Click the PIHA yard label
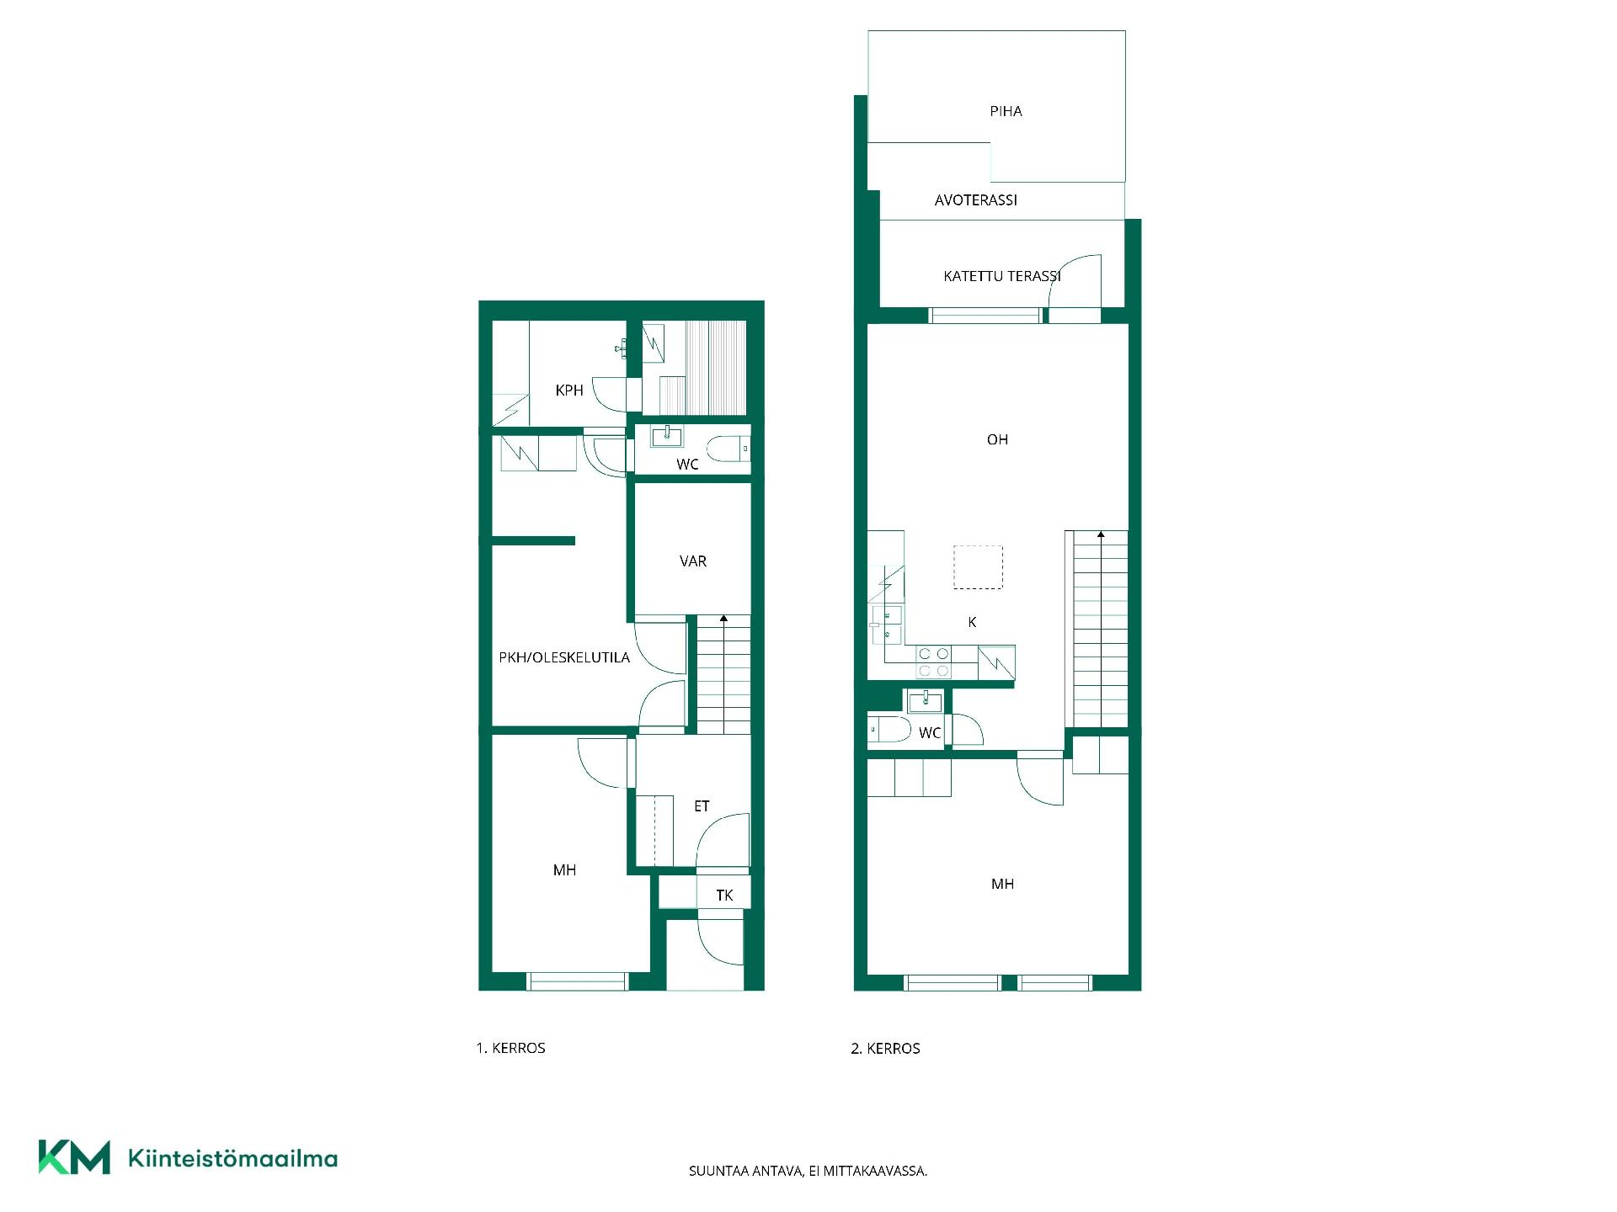(1006, 111)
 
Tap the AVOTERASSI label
(976, 200)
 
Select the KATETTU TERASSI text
(1002, 276)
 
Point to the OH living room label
(997, 439)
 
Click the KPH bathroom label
(569, 391)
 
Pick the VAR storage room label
(693, 561)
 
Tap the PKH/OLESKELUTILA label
(564, 658)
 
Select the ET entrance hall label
(702, 806)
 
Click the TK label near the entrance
(724, 896)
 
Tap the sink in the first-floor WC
(667, 436)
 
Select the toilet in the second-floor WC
(889, 729)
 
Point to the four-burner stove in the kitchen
(933, 662)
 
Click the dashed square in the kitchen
(978, 567)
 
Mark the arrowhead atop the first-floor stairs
(723, 619)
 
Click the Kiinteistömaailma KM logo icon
(74, 1157)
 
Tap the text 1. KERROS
(510, 1049)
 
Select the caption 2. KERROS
(885, 1049)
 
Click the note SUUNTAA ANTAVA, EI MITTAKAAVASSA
(808, 1171)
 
